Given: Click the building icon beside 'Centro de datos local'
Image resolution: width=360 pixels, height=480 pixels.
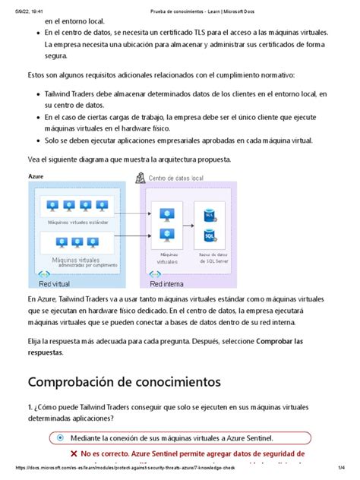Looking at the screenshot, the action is (139, 177).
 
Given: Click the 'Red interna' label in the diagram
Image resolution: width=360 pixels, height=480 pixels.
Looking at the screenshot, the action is (166, 283).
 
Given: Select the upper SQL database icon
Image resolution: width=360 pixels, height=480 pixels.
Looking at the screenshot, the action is (210, 216).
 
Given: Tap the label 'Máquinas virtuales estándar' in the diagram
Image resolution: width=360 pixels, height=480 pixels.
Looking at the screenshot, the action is (77, 223).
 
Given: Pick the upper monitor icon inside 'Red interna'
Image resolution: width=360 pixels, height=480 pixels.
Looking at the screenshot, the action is (161, 214).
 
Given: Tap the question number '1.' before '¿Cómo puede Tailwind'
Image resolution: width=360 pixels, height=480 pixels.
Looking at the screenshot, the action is (30, 406).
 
